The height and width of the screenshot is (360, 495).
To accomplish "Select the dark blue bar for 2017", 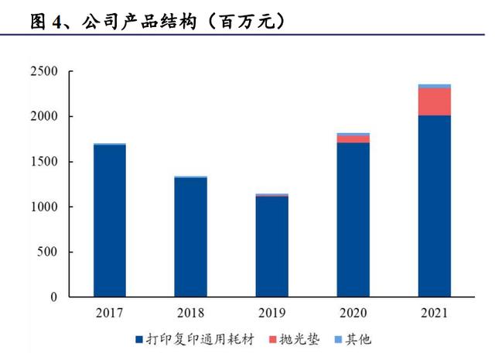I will point(109,221).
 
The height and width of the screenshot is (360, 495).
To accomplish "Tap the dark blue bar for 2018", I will point(190,237).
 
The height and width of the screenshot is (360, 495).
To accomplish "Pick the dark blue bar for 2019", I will point(271,246).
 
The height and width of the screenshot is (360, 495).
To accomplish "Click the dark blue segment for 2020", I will point(353,220).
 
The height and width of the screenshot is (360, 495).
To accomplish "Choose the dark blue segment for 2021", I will point(435,206).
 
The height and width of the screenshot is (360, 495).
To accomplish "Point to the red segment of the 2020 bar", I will point(353,139).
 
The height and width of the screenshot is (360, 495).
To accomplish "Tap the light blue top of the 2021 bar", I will point(435,86).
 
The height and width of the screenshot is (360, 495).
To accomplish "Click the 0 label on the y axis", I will point(53,297).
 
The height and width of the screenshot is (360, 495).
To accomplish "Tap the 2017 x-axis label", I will point(109,314).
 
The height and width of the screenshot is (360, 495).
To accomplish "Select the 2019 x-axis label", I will point(271,314).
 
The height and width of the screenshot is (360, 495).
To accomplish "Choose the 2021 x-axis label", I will point(435,314).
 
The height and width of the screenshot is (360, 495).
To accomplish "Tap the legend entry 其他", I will point(357,339).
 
